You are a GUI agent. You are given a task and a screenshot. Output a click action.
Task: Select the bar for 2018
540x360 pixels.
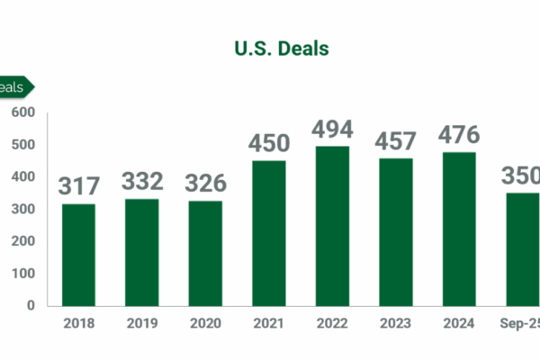pos(78,255)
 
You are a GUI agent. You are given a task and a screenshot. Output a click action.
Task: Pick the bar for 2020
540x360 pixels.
pos(204,253)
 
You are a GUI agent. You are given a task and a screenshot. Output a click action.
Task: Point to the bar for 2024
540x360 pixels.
pos(458,229)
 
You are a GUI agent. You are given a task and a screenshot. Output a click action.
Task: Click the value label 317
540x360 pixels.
pos(78,186)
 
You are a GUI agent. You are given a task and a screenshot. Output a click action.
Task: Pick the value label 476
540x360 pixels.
pos(458,135)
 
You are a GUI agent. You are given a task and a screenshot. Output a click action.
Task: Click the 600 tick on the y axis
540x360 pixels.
pos(23,112)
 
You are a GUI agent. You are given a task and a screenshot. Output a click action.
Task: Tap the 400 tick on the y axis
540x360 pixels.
pos(23,176)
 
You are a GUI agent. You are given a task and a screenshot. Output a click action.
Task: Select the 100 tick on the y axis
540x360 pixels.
pos(23,273)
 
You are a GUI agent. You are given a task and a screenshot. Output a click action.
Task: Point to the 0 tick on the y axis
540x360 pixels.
pos(31,305)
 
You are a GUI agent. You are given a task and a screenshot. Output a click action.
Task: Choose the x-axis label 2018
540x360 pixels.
pos(78,320)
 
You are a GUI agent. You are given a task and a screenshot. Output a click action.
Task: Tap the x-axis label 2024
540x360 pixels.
pos(458,320)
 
